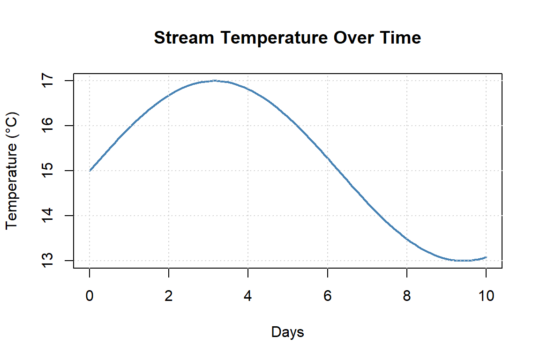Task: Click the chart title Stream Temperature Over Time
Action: pos(287,38)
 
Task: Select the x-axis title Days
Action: pos(287,332)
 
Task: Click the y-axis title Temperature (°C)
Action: pos(12,171)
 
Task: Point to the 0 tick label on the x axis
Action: pos(89,297)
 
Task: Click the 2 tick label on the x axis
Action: pos(168,297)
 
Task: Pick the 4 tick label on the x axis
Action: pos(248,297)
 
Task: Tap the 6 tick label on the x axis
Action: pos(327,297)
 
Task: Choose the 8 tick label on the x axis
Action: pos(407,297)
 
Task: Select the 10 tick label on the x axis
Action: pos(486,297)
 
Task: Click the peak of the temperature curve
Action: pos(215,81)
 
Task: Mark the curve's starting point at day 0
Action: pos(89,171)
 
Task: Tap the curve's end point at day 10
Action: pos(486,257)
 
